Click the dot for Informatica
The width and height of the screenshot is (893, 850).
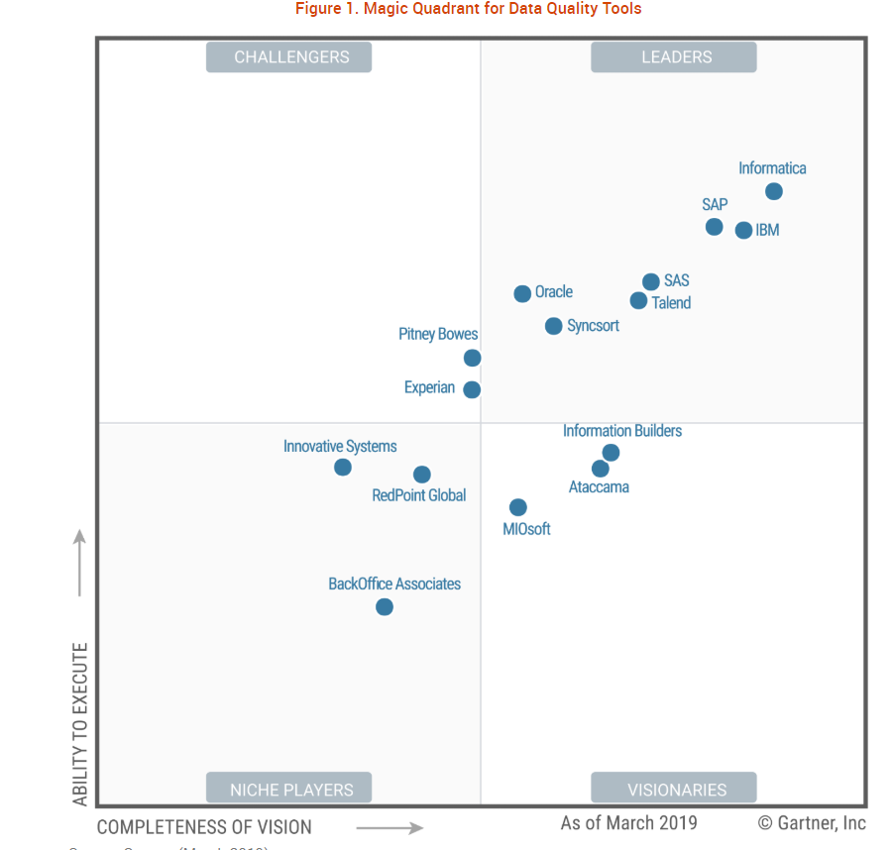tap(774, 191)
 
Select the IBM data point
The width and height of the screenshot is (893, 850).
tap(743, 230)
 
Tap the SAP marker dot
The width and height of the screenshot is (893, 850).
tap(714, 227)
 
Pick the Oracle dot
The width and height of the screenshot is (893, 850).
tap(522, 293)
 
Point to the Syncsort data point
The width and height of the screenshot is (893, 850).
tap(553, 326)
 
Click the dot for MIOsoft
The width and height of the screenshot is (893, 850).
tap(517, 507)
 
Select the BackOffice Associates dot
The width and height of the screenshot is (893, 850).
tap(385, 606)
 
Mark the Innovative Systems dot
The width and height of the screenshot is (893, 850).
tap(342, 467)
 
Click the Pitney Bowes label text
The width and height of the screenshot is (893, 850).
tap(438, 335)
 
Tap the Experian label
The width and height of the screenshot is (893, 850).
tap(429, 388)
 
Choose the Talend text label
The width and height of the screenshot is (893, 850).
tap(671, 303)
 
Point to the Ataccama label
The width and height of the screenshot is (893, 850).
tap(599, 487)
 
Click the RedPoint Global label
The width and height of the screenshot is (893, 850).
tap(418, 495)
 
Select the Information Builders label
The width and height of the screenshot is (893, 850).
tap(622, 431)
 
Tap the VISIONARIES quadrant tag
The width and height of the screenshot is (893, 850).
tap(676, 790)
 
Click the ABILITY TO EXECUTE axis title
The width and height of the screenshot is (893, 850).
tap(80, 723)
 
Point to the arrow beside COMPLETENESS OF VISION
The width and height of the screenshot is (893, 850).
tap(390, 827)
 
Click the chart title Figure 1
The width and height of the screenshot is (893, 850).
tap(468, 9)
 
